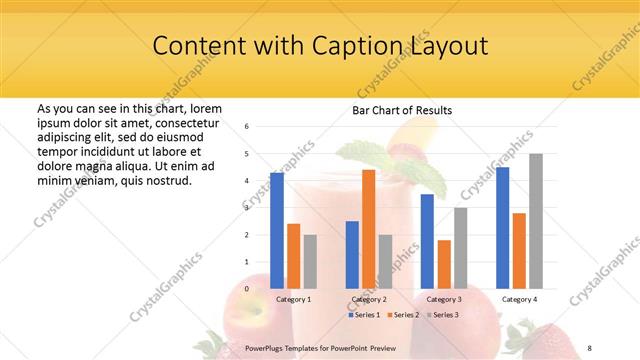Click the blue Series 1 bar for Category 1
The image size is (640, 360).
tap(277, 231)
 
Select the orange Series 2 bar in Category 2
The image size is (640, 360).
tap(368, 229)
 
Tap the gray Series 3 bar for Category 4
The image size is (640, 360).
tap(536, 221)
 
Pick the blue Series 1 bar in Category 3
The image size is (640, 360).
tap(427, 241)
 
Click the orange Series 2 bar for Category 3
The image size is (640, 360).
tap(444, 264)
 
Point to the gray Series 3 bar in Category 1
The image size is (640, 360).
tap(310, 261)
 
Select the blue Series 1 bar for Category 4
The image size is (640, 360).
tap(503, 228)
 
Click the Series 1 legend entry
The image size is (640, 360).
tap(365, 315)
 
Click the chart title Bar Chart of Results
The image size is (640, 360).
tap(401, 110)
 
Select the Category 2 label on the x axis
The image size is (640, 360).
tap(368, 299)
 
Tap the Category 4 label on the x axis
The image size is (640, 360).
tap(519, 299)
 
